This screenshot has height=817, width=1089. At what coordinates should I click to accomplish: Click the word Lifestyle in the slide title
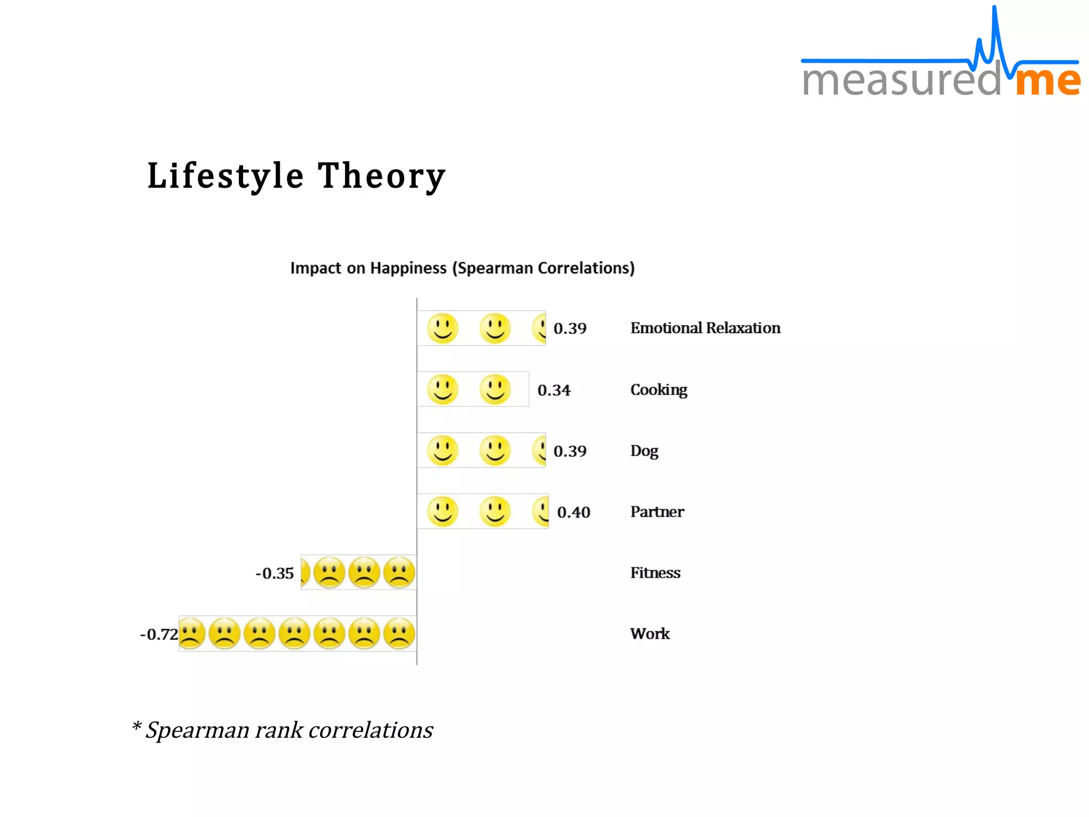225,176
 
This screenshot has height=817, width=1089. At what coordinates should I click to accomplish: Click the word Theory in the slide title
381,176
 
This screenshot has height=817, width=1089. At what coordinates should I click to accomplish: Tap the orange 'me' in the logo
1047,81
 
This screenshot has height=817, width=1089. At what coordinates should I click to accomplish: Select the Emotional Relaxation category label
705,328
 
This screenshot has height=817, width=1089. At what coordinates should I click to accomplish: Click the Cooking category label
658,390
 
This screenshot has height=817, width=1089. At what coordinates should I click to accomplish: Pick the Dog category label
644,451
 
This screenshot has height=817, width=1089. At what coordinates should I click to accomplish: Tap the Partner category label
657,512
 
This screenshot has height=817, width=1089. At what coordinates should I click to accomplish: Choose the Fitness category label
655,573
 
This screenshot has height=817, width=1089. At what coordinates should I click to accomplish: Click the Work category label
650,633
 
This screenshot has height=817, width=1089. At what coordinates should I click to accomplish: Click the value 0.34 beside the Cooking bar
554,390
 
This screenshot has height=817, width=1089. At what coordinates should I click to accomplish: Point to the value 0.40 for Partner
573,512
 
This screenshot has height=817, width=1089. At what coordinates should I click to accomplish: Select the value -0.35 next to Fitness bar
274,573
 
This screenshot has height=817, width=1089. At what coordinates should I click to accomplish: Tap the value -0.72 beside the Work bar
158,635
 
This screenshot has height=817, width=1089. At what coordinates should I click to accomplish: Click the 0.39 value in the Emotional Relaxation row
569,329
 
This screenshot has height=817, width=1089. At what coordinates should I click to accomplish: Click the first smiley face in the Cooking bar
442,389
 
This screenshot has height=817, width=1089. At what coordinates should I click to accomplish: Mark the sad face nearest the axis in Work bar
399,633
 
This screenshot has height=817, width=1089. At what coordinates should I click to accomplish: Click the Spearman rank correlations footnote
282,730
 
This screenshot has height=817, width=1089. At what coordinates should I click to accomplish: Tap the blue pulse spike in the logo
994,32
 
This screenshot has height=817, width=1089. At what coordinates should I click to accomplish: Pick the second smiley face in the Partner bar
495,512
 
